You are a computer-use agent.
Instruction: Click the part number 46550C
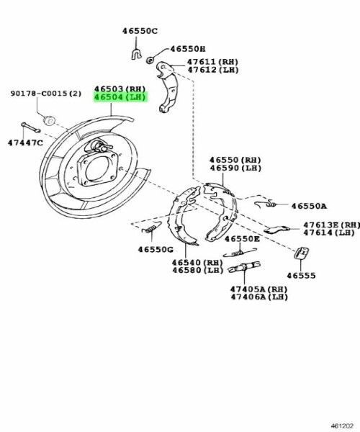tap(139, 32)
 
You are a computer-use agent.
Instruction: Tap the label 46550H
tap(187, 50)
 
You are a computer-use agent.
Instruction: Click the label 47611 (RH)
tap(212, 63)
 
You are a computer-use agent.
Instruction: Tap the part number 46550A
tap(310, 205)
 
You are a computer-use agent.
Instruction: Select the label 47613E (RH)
tap(330, 224)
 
